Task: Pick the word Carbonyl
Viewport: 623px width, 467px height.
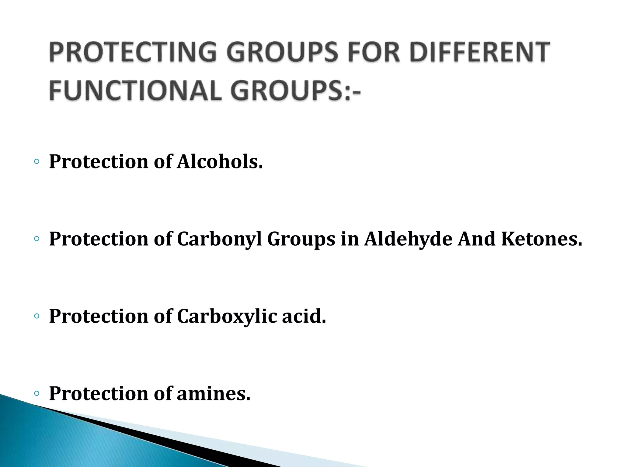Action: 219,239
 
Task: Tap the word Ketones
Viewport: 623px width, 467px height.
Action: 541,239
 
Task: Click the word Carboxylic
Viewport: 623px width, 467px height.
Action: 227,316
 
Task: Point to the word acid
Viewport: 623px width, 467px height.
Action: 304,316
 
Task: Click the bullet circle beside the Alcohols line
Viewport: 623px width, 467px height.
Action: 37,161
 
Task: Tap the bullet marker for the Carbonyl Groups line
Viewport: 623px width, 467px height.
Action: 37,239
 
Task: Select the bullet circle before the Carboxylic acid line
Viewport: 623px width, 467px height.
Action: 37,316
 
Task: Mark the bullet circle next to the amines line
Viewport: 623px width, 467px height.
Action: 37,393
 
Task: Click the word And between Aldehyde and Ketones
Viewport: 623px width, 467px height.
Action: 477,239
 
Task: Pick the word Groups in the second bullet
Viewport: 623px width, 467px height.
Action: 301,239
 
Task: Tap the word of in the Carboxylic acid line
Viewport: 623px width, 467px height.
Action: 163,316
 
